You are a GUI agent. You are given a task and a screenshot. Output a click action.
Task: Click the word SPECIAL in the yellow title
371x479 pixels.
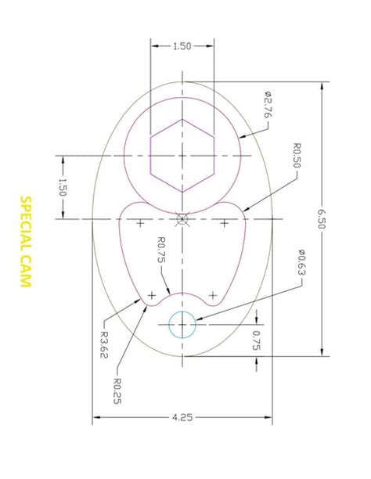pos(25,222)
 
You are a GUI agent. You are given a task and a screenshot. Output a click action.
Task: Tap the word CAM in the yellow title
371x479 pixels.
pos(25,271)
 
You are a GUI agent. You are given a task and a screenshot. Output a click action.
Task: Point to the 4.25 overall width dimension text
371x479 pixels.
pos(182,418)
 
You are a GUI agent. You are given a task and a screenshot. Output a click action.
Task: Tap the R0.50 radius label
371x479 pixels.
pos(297,156)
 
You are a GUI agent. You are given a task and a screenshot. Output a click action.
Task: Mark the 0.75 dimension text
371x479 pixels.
pos(256,340)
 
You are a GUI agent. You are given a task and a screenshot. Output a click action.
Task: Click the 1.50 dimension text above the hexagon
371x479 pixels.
pos(182,46)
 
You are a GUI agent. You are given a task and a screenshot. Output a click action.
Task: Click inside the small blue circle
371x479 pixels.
pos(182,323)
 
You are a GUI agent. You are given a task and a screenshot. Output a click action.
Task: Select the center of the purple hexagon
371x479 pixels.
pos(182,156)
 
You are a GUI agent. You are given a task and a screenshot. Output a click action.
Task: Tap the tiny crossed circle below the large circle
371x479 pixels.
pos(182,218)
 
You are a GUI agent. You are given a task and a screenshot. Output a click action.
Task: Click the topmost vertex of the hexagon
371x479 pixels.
pos(182,120)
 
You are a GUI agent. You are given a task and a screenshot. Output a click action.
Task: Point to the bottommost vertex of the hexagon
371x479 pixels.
pos(182,192)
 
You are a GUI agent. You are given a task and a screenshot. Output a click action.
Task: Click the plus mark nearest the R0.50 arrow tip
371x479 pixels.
pos(224,224)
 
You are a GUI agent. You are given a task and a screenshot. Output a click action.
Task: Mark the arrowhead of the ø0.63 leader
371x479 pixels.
pos(196,320)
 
